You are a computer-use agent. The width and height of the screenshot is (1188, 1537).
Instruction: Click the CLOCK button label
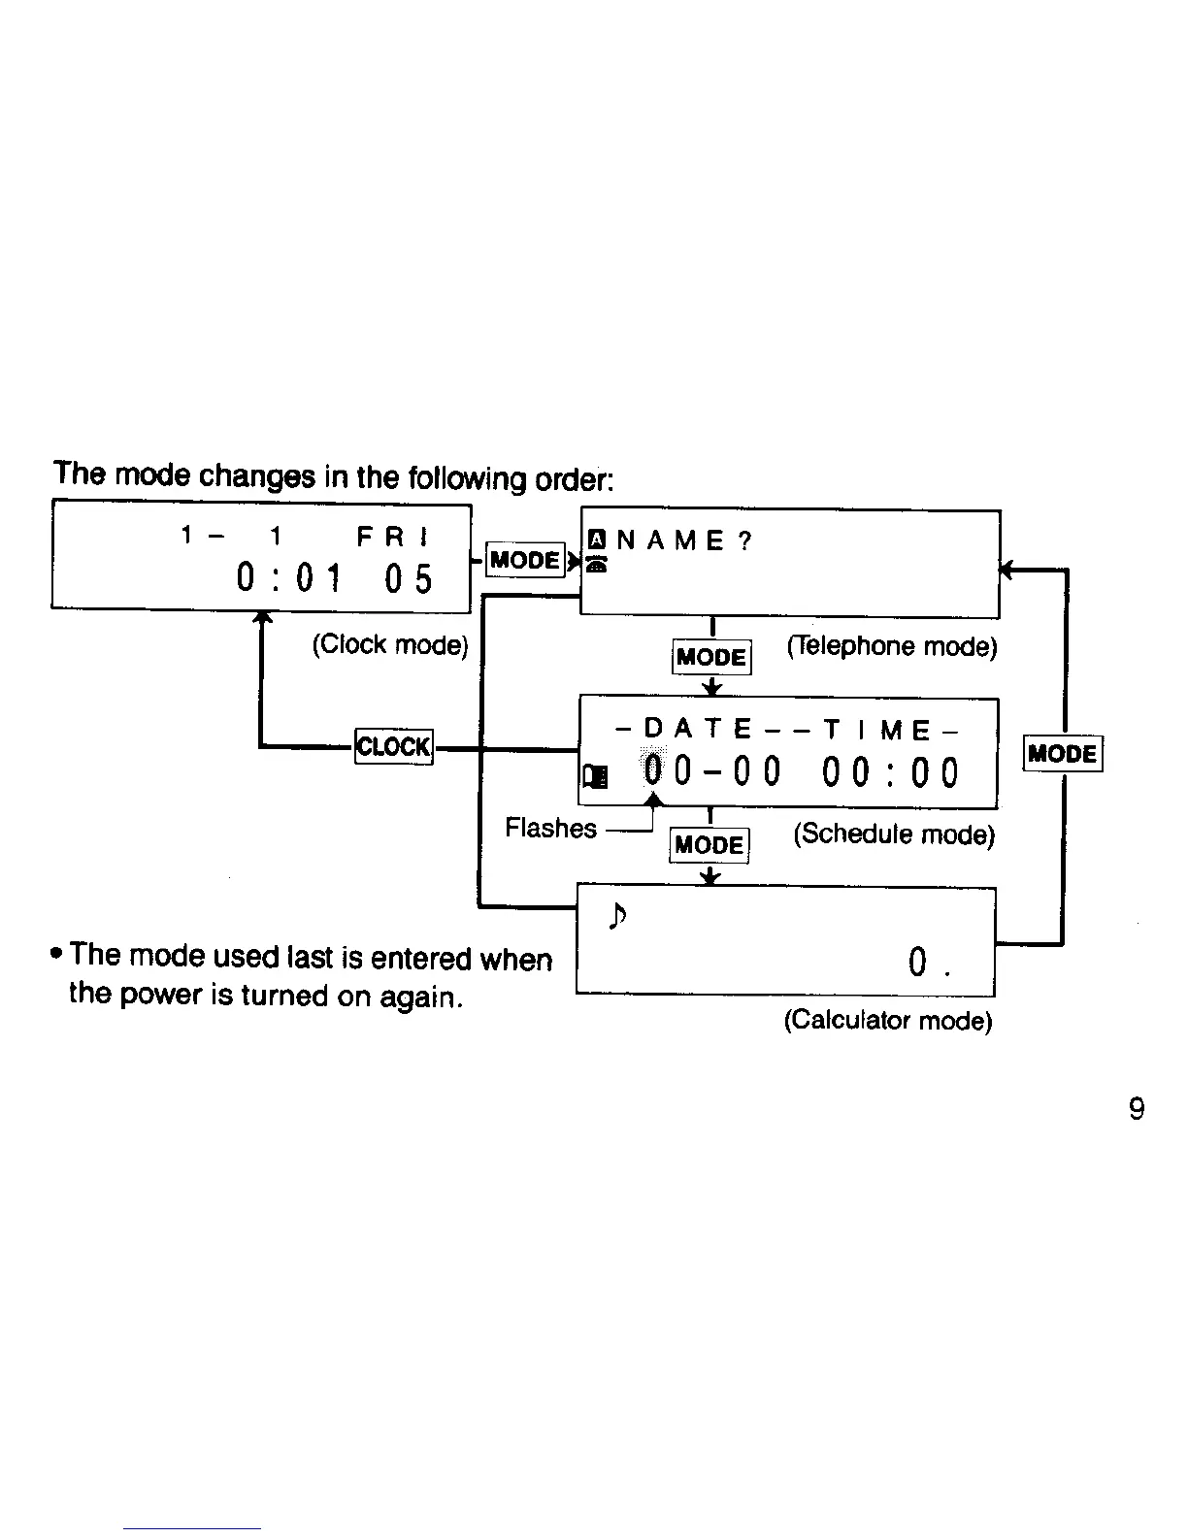click(393, 746)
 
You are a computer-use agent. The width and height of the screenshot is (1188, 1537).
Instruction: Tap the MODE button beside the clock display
click(525, 560)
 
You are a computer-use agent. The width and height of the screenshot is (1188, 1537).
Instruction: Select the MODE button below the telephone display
click(711, 657)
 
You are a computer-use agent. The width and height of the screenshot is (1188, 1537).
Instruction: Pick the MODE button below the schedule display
click(710, 844)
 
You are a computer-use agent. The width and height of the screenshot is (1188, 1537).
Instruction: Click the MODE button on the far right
click(1064, 753)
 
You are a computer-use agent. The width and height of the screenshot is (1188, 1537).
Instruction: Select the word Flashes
click(550, 828)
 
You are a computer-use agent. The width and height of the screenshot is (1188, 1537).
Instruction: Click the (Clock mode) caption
click(390, 644)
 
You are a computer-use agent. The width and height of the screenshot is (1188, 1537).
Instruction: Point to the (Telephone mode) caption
click(892, 646)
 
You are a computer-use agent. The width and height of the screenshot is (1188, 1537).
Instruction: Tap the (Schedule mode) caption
click(894, 834)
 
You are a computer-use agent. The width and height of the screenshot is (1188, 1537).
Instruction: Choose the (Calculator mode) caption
click(888, 1020)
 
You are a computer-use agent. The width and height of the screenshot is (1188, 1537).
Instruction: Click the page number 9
click(1137, 1108)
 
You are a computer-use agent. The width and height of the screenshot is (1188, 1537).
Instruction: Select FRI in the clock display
click(394, 537)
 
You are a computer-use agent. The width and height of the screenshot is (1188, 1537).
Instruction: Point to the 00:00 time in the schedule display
click(890, 773)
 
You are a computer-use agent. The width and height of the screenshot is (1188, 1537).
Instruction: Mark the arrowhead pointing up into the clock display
click(260, 619)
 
